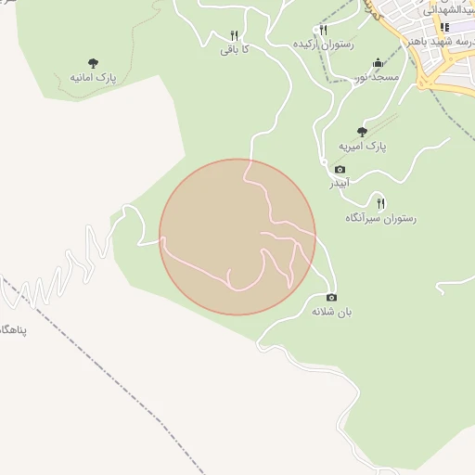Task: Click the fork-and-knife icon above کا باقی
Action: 234,35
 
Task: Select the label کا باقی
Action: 233,49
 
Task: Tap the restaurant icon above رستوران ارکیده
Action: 323,30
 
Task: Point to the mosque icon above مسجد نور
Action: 377,62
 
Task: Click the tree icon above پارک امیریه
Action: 362,132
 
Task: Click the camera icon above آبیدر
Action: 340,169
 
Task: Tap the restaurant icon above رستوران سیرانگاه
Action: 380,202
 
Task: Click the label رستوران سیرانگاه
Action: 380,217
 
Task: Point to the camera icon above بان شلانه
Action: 331,297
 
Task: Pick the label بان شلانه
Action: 331,312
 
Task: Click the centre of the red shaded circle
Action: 237,237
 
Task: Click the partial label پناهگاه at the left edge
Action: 9,330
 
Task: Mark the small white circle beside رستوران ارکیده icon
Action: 308,32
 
